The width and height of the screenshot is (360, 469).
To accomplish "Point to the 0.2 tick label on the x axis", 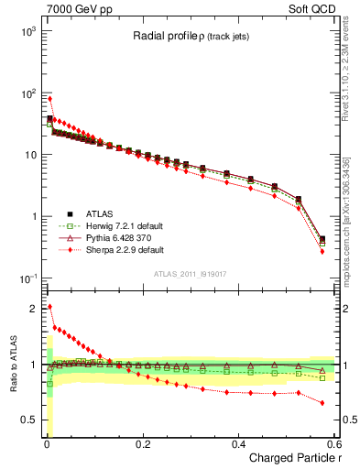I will click(x=142, y=444).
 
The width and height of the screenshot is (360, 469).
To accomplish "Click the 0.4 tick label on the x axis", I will click(x=238, y=444).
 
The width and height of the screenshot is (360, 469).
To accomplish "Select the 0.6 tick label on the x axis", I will click(x=333, y=444).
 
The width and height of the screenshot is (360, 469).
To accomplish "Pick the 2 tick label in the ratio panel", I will click(x=30, y=308).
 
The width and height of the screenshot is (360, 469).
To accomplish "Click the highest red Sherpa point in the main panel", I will click(x=49, y=99).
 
